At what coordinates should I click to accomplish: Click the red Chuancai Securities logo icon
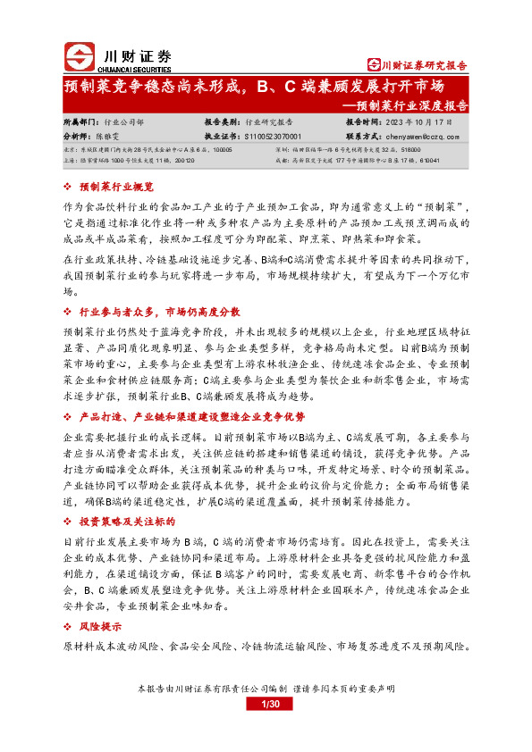click(80, 58)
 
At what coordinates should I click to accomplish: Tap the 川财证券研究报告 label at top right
click(418, 64)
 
